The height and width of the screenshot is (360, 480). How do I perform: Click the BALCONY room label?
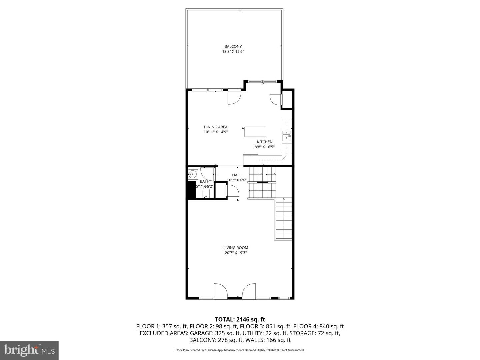click(x=233, y=46)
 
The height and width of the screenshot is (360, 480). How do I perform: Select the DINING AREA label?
click(x=216, y=127)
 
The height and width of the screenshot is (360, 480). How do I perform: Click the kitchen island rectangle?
click(x=255, y=132)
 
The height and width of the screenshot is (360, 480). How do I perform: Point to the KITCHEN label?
click(x=265, y=142)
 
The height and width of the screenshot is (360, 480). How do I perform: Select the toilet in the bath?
click(x=206, y=195)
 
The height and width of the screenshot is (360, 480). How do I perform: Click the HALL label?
click(x=237, y=175)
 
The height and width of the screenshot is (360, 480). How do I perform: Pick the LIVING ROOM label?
click(x=236, y=248)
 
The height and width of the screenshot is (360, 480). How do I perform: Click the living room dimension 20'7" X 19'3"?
click(x=236, y=253)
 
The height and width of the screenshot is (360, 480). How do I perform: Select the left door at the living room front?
click(x=220, y=290)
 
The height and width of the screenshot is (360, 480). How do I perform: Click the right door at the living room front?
click(x=249, y=290)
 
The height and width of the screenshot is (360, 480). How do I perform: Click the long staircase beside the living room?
click(x=284, y=218)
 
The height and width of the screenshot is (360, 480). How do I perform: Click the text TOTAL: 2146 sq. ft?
click(x=240, y=319)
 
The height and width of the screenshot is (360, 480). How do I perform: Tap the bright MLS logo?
click(x=29, y=350)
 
